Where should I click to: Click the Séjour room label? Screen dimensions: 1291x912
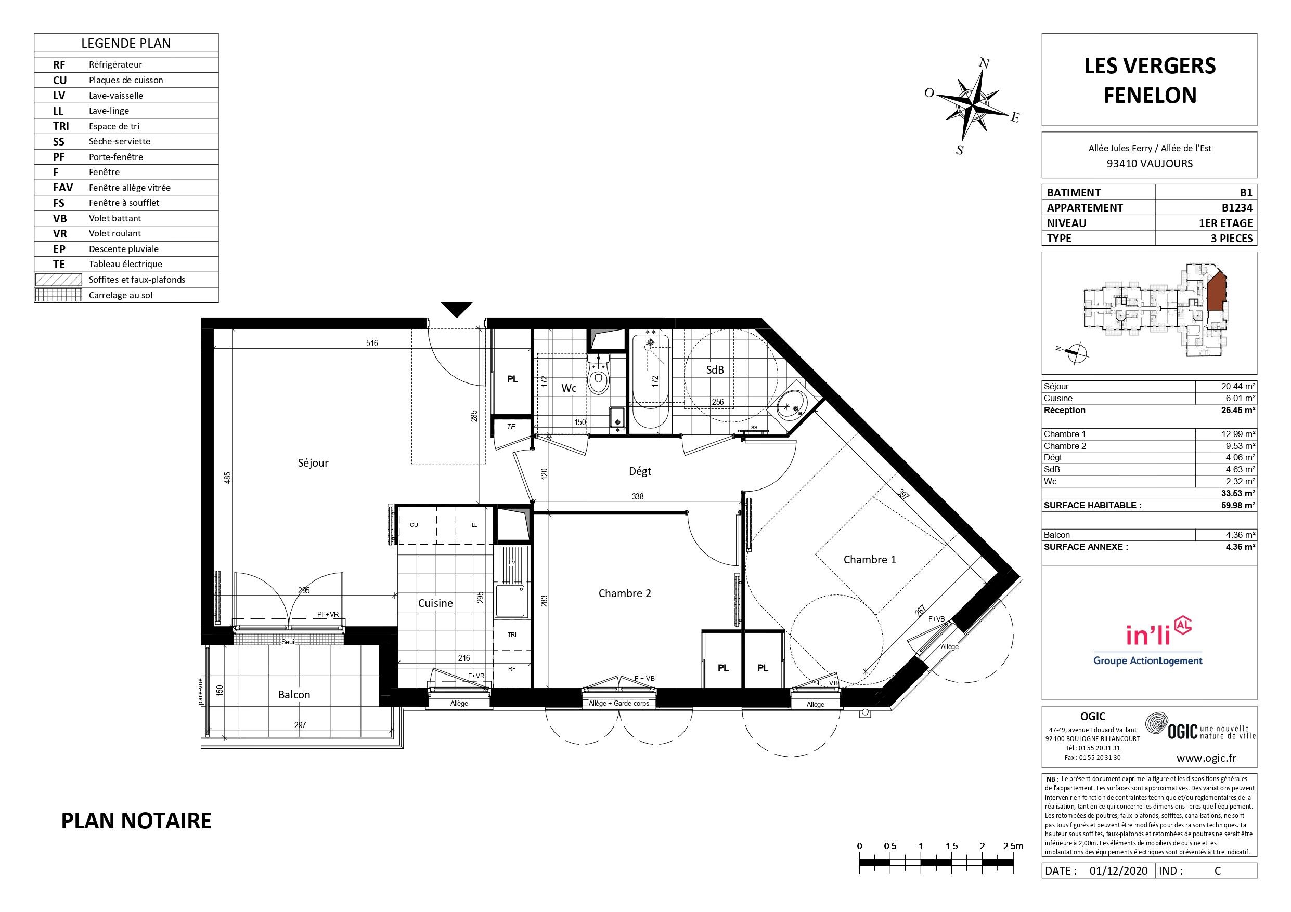[313, 463]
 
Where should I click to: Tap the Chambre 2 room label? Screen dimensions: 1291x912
[625, 593]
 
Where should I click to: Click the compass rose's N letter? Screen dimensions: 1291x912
[984, 63]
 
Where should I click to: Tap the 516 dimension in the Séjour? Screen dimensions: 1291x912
[372, 343]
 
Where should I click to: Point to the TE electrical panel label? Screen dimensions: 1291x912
[511, 427]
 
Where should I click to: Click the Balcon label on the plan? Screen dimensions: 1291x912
[294, 695]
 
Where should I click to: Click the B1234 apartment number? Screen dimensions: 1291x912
[1237, 207]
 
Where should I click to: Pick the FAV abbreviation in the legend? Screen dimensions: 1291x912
[62, 188]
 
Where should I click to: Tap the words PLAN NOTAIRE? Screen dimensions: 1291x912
[136, 821]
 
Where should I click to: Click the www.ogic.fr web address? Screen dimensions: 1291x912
[1206, 758]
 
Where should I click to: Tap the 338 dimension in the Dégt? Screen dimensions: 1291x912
[637, 496]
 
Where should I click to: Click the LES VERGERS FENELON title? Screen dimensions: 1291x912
[1150, 81]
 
